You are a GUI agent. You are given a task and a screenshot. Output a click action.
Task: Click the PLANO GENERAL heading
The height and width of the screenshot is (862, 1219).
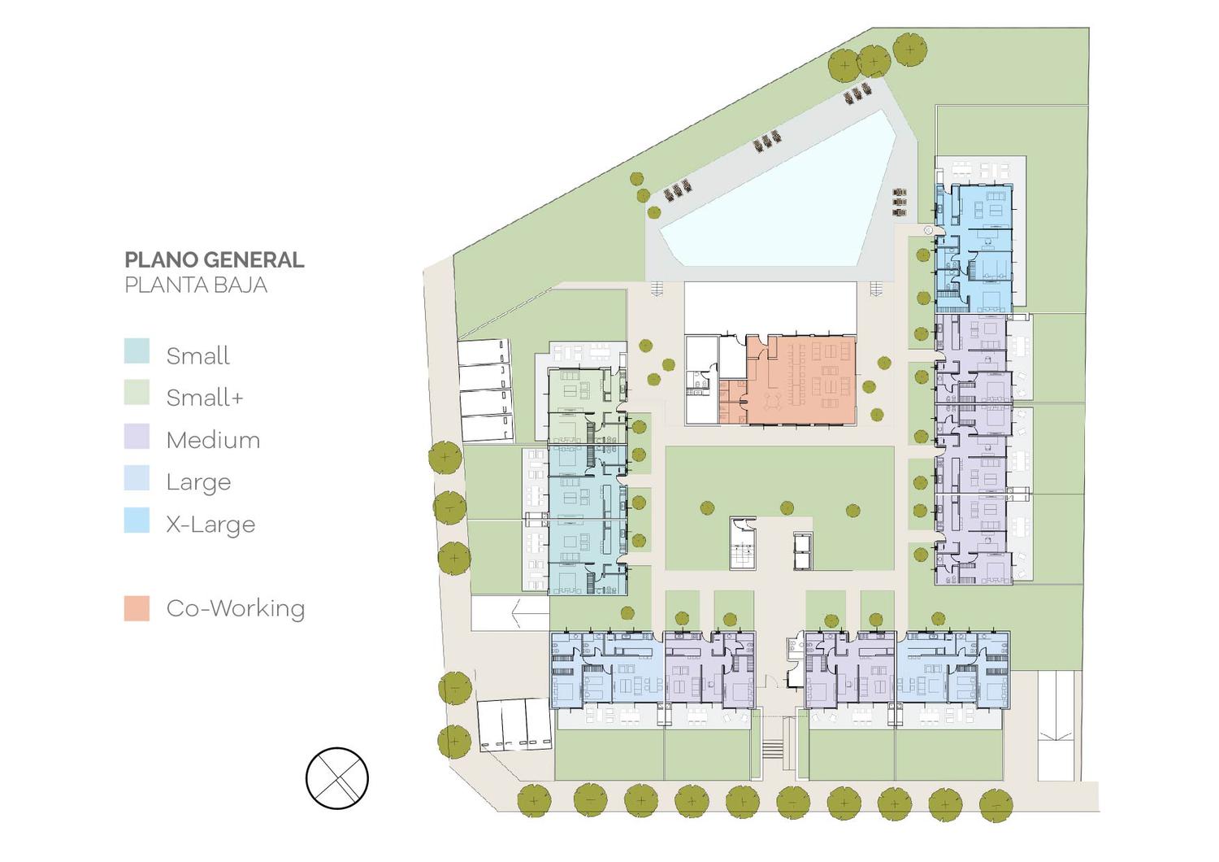pyautogui.click(x=215, y=259)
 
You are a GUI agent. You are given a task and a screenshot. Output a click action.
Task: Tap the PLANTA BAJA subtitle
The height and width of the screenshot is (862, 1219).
pyautogui.click(x=196, y=285)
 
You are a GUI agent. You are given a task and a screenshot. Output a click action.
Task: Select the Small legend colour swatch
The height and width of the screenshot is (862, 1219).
pyautogui.click(x=137, y=351)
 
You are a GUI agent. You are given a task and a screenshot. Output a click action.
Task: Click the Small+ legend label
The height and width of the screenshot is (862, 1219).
pyautogui.click(x=205, y=398)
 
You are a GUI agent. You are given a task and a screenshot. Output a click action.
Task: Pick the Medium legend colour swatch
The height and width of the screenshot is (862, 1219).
pyautogui.click(x=137, y=436)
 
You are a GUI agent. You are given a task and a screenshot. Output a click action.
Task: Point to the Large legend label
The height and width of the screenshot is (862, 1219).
pyautogui.click(x=198, y=483)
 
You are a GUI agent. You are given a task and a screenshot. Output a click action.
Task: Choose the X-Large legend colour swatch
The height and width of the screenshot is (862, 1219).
pyautogui.click(x=137, y=520)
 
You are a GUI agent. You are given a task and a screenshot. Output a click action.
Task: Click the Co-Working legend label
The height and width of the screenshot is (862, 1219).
pyautogui.click(x=236, y=608)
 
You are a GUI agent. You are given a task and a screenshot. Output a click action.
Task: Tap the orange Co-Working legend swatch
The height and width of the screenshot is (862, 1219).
pyautogui.click(x=137, y=608)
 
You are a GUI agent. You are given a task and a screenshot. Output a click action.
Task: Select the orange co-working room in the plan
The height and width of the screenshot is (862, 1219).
pyautogui.click(x=800, y=380)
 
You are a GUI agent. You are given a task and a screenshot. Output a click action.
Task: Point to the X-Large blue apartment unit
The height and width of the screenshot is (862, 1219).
pyautogui.click(x=974, y=248)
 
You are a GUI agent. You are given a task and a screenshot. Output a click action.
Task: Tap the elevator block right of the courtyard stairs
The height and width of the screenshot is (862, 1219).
pyautogui.click(x=803, y=551)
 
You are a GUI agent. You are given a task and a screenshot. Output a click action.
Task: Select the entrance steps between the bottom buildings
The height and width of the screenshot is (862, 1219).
pyautogui.click(x=772, y=750)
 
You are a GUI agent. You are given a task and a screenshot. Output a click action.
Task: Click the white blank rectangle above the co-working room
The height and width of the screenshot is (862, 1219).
pyautogui.click(x=770, y=307)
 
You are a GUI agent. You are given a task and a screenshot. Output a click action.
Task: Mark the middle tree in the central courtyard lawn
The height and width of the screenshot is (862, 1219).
pyautogui.click(x=787, y=508)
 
